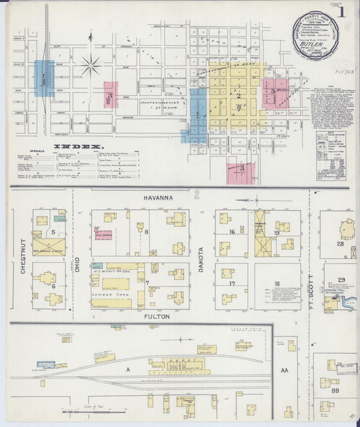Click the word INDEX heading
[78, 145]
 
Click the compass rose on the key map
[91, 66]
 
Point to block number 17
[232, 284]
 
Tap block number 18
[276, 284]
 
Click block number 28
[340, 244]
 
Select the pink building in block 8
[103, 236]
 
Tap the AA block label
[284, 370]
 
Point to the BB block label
[335, 391]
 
